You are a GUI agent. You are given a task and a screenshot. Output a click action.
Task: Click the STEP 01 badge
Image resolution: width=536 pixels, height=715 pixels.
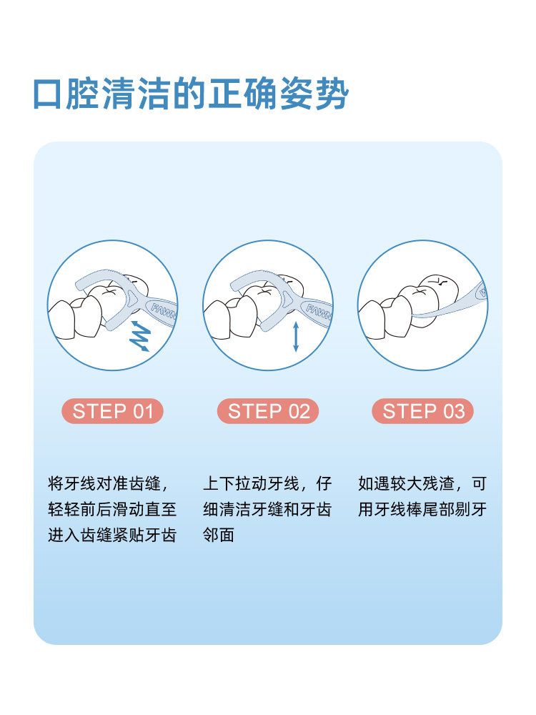tap(112, 411)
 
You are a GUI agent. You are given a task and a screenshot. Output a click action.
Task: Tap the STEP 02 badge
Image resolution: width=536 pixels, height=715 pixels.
tap(268, 411)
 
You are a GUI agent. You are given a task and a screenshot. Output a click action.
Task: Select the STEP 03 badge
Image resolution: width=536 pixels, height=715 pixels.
tap(423, 411)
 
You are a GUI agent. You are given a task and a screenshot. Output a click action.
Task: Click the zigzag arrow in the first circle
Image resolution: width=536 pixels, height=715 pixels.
tap(140, 335)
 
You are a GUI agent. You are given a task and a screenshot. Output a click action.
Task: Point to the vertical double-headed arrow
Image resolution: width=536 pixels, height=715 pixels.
tap(296, 337)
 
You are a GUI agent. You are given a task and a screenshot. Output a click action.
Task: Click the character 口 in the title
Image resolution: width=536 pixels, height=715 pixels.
tap(47, 94)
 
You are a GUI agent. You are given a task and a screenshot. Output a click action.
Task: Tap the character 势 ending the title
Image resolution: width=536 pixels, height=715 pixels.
tap(333, 94)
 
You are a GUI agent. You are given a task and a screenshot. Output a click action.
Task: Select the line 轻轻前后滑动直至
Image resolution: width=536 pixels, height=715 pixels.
tap(112, 509)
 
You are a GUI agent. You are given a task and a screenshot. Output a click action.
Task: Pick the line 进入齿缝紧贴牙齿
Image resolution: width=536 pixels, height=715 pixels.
tap(112, 535)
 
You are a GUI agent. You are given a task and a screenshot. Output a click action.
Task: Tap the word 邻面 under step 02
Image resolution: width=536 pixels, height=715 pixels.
tap(219, 535)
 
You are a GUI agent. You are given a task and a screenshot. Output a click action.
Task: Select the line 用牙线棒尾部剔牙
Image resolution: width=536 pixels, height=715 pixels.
tap(422, 509)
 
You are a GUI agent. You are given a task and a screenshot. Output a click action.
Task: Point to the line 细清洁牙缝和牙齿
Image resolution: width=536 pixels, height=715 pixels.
tap(267, 509)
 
